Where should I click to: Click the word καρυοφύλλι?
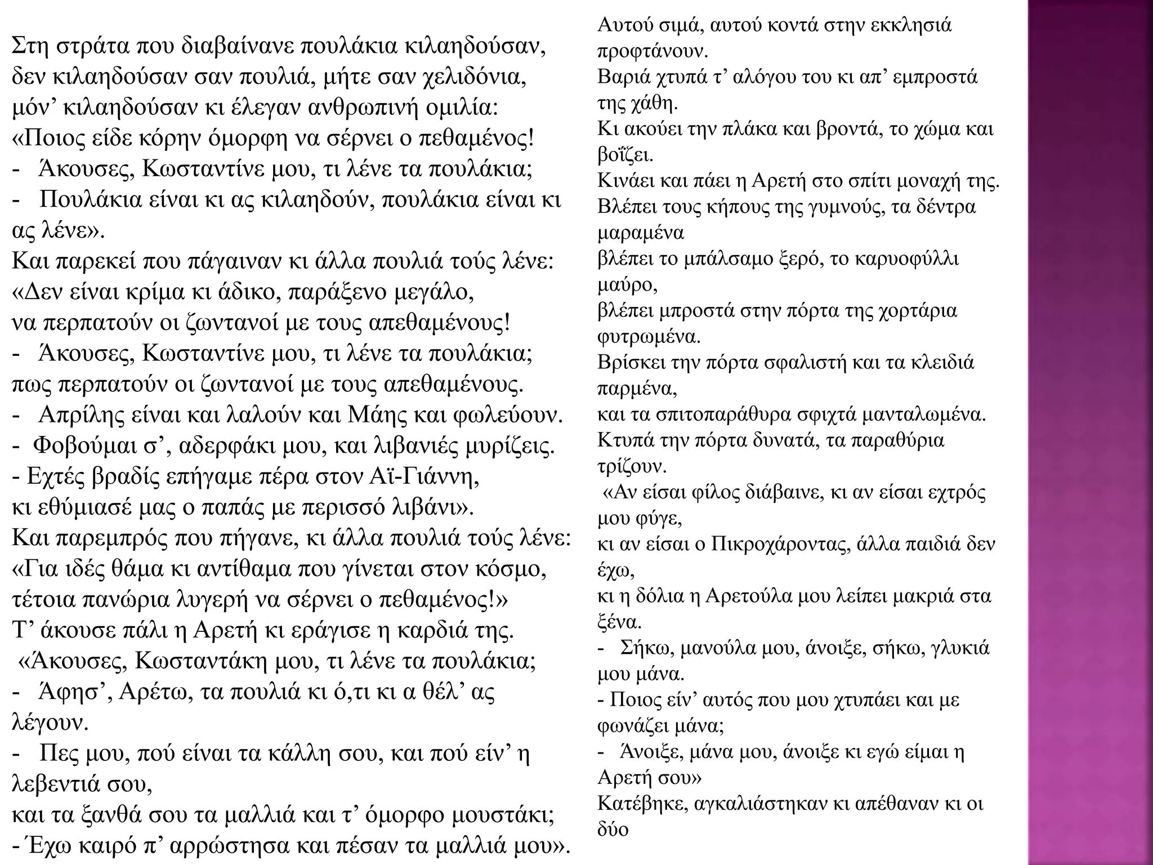pos(906,259)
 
